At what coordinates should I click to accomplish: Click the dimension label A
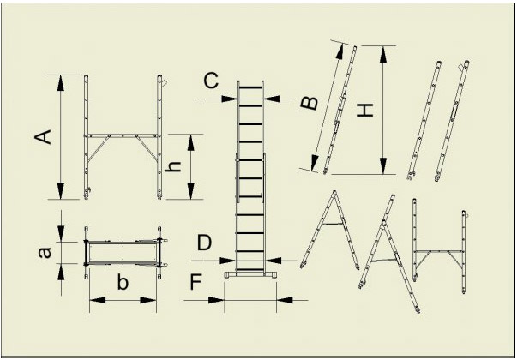point(43,137)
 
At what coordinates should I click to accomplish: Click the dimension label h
point(173,166)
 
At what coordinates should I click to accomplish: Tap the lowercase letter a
point(45,253)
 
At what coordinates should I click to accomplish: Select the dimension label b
point(123,283)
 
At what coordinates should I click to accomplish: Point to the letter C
point(211,81)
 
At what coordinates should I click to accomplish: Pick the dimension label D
point(204,243)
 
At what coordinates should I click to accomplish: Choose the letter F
point(195,283)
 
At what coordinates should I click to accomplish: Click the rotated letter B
point(310,103)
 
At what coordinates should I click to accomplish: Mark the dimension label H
point(365,110)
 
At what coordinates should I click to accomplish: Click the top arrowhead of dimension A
point(60,83)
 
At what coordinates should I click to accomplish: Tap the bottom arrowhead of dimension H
point(382,165)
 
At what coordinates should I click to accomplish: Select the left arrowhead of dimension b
point(98,300)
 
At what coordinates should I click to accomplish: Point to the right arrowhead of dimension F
point(284,300)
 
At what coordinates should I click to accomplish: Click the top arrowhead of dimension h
point(191,142)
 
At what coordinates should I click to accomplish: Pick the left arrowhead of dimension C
point(230,99)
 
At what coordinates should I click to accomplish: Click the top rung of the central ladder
point(250,87)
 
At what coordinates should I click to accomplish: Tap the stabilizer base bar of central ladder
point(250,274)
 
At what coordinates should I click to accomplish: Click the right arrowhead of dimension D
point(273,261)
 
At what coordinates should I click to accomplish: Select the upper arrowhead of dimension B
point(340,51)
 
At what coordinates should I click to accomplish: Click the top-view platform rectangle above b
point(123,253)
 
